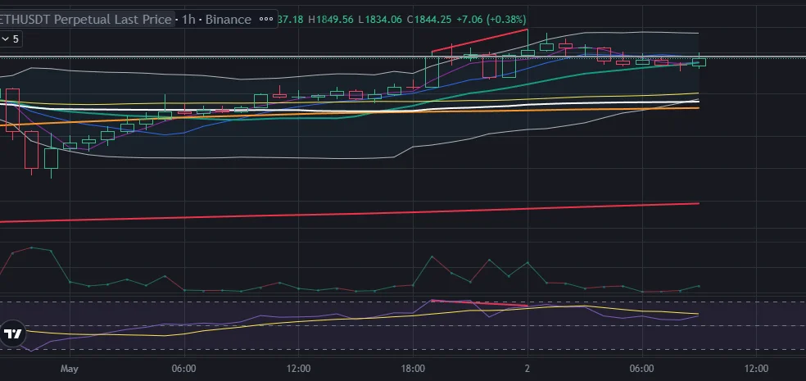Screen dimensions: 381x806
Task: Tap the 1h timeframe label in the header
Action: click(188, 19)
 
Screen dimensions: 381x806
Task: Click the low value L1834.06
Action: click(380, 19)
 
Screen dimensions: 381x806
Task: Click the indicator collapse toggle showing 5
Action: click(11, 39)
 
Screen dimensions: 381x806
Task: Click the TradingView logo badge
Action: click(13, 333)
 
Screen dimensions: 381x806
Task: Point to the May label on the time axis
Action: click(69, 370)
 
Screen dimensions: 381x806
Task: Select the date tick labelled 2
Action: click(527, 370)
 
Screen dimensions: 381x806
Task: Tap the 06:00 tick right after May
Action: click(183, 370)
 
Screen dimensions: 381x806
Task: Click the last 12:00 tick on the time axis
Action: click(755, 370)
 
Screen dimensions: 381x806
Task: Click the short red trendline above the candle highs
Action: click(479, 41)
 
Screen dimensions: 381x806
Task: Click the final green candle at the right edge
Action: click(699, 61)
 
